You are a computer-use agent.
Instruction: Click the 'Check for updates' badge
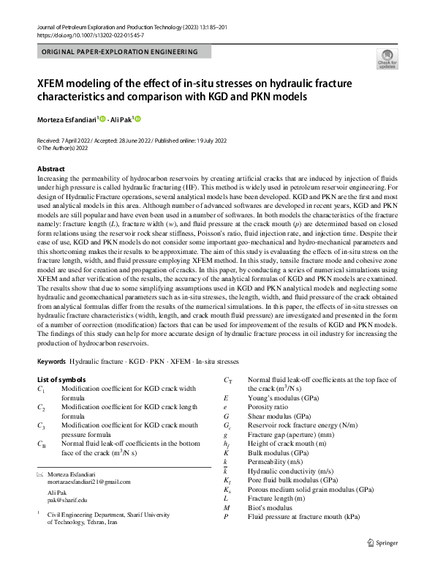pos(387,59)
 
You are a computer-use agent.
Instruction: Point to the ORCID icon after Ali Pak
pos(137,119)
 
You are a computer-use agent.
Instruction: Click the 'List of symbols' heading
pos(61,380)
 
